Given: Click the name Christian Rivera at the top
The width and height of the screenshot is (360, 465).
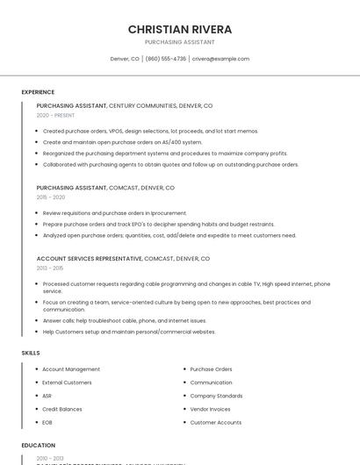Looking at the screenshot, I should [180, 29].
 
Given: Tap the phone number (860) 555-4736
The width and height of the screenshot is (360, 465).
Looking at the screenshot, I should [166, 59].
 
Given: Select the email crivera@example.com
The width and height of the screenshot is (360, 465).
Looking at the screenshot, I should [220, 59].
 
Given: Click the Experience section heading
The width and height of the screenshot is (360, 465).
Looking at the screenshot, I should [38, 92].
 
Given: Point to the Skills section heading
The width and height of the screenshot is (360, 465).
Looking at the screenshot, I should [31, 353].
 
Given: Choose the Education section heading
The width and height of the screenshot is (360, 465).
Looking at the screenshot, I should [38, 446].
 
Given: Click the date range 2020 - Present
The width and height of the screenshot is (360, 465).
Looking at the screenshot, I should [55, 115].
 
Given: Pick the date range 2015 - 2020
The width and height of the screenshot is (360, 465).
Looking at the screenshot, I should [50, 197].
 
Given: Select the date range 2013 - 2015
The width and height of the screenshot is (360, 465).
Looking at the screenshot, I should [50, 268].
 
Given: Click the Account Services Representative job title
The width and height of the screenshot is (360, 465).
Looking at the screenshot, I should [89, 259].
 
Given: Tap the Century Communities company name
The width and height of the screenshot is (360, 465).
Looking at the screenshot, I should [145, 105].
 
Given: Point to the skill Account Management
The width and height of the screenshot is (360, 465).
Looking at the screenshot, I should [71, 369].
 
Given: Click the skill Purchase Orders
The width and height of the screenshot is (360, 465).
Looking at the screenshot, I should [211, 369].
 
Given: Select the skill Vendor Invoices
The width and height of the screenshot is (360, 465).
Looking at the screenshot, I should [210, 409].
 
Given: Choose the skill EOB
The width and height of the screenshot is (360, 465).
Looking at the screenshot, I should [47, 422].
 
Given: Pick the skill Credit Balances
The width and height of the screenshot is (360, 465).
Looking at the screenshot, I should [62, 409].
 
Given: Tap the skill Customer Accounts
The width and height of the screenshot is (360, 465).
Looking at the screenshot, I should [215, 422].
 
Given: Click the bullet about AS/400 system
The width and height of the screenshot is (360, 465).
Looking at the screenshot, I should [122, 142].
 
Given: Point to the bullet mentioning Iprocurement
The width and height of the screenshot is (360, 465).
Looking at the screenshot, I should [114, 213].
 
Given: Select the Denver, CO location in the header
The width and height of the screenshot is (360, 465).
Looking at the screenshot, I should [125, 59].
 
